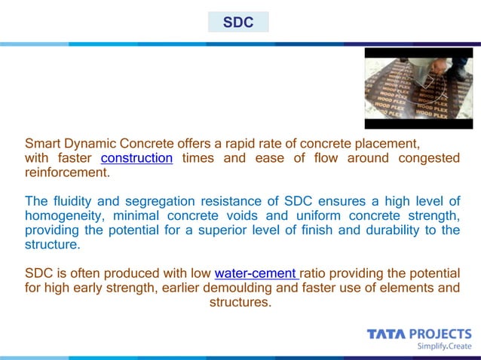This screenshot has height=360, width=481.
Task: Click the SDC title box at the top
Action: [238, 22]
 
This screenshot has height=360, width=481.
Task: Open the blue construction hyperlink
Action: [136, 158]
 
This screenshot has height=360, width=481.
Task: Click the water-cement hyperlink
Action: [256, 273]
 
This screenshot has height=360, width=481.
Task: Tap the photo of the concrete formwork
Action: [418, 88]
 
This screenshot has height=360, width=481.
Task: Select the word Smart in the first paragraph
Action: [42, 143]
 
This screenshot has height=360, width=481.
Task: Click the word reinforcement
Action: [67, 172]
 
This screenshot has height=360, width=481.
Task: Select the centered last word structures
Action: [239, 302]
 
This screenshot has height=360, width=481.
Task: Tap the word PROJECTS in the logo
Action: [440, 334]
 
